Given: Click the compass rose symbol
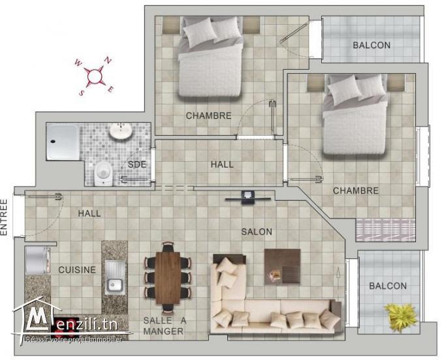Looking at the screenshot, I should point(95,76).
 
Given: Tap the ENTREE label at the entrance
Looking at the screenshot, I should point(5,216).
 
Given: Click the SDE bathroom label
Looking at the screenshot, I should point(136,164).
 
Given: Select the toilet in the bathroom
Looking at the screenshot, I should point(103,172).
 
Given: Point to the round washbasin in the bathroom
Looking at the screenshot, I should point(120,132).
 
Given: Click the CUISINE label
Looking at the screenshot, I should point(77,269).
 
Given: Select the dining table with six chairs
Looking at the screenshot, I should point(168,273).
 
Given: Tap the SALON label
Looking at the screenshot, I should point(257,232).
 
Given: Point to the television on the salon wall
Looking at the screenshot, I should point(247,196).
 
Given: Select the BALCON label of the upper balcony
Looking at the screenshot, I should point(371,45).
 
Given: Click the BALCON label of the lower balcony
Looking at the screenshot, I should point(387,286).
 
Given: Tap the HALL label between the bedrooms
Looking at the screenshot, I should point(222,164).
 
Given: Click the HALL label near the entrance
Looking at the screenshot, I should point(89,213).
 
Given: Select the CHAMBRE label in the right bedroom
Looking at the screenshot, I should point(355,190).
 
